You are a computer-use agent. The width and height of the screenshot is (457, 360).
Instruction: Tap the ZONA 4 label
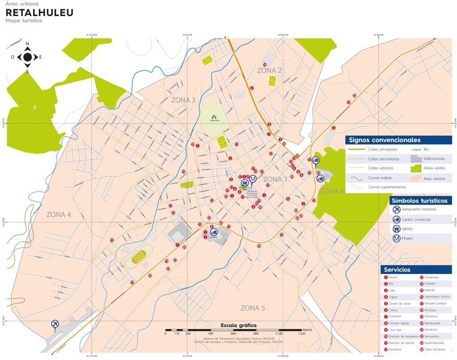click(58, 214)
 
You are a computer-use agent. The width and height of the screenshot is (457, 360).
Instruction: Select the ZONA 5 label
click(253, 308)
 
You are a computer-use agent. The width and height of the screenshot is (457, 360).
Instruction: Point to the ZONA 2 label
click(269, 71)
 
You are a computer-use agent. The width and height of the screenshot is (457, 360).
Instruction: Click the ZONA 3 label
click(183, 100)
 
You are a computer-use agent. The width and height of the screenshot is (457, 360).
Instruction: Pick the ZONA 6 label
click(332, 191)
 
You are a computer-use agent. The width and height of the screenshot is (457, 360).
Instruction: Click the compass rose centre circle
click(28, 57)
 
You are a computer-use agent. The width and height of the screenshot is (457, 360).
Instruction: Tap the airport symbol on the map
click(55, 324)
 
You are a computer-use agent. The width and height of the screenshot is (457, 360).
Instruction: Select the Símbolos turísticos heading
click(419, 201)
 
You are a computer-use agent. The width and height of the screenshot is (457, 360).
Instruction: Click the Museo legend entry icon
click(396, 239)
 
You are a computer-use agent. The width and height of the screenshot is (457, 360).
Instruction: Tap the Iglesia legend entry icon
click(396, 229)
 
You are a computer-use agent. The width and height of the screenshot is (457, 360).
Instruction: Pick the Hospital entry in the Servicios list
click(430, 284)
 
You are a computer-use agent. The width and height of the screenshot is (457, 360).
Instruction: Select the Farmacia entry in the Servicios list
click(395, 349)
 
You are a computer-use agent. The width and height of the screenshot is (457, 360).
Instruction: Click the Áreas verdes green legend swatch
click(416, 168)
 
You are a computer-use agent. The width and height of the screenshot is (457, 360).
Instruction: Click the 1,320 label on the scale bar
click(301, 333)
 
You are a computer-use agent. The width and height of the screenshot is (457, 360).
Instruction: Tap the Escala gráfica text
click(238, 325)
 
